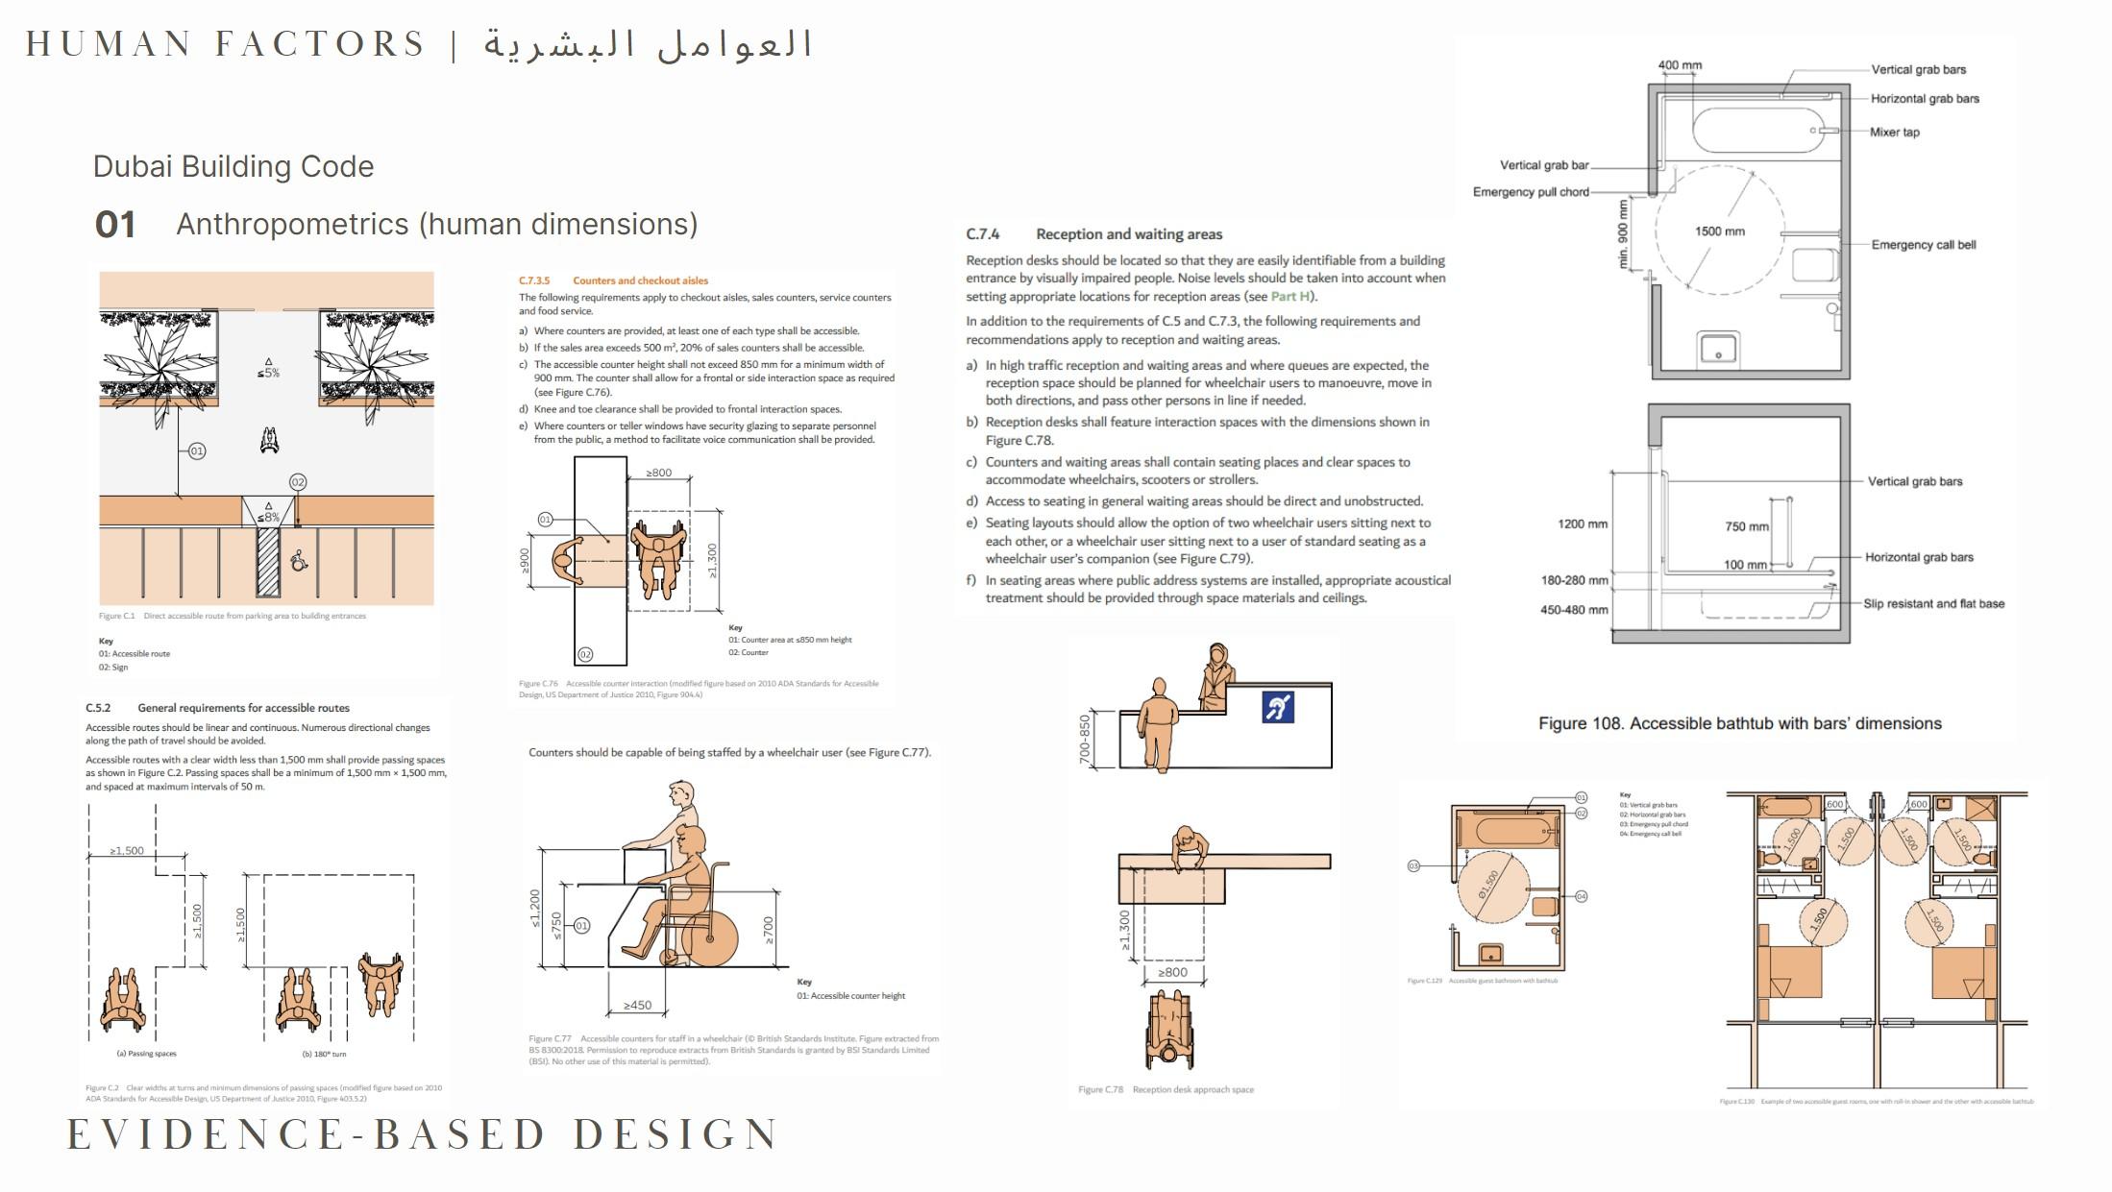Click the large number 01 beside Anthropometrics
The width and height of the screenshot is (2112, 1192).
click(x=115, y=225)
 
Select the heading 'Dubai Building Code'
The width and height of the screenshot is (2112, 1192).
click(x=233, y=166)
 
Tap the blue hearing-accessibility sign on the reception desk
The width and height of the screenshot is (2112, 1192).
click(x=1277, y=707)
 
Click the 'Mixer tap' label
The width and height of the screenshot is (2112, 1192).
click(x=1894, y=133)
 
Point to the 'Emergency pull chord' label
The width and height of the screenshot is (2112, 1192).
click(x=1531, y=192)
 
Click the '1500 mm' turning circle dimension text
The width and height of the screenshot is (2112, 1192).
click(x=1719, y=231)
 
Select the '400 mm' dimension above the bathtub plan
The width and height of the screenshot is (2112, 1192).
click(x=1680, y=65)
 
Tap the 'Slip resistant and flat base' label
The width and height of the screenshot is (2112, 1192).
click(x=1933, y=604)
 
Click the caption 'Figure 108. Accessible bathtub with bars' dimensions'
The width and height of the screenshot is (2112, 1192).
click(x=1739, y=723)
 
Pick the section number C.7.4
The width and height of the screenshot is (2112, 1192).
click(x=982, y=234)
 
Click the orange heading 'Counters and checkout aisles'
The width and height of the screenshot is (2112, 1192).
click(x=640, y=280)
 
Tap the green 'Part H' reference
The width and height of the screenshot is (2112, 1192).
click(x=1290, y=297)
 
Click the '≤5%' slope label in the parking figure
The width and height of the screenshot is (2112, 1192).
click(x=268, y=373)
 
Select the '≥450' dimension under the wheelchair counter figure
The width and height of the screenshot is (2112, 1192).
click(x=637, y=1005)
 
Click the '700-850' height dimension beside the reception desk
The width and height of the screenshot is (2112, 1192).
click(x=1086, y=739)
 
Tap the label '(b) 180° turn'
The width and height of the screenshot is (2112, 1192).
click(x=324, y=1054)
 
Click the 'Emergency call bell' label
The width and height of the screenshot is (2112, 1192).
click(x=1923, y=245)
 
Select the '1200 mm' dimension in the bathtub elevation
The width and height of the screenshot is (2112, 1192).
click(x=1582, y=524)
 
